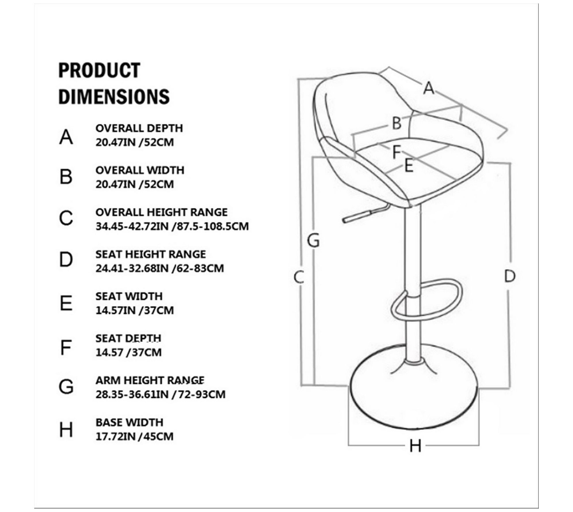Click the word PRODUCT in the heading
[99, 70]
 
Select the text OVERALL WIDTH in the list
[140, 170]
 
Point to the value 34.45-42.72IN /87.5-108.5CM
[172, 226]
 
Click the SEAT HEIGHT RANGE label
[151, 254]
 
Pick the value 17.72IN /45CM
[134, 437]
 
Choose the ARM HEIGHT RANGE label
[150, 380]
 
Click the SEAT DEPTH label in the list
[128, 338]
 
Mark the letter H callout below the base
[415, 446]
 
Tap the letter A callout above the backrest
[429, 88]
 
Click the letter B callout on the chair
[397, 123]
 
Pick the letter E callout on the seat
[409, 166]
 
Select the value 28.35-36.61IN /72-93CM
[160, 394]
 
